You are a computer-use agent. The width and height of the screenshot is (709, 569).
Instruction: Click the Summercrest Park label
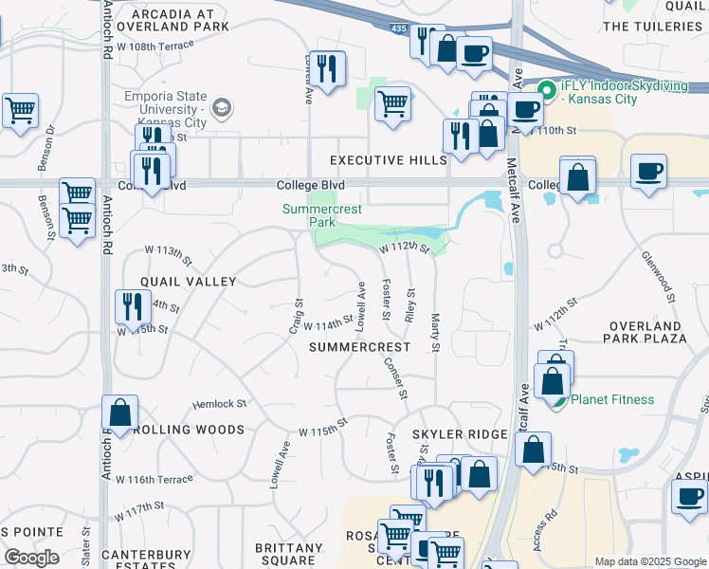click(x=309, y=215)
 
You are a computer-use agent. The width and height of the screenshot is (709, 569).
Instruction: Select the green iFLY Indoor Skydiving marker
click(x=546, y=92)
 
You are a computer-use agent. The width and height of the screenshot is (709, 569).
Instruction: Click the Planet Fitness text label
click(x=612, y=399)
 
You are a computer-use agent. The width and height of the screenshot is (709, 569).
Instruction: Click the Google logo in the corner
click(x=31, y=557)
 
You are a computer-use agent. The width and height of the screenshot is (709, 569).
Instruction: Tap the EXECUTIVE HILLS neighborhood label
click(x=388, y=160)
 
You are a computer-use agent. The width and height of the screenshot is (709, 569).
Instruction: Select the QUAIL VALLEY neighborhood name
click(x=188, y=282)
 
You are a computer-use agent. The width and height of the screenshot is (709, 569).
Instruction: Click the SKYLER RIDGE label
click(x=460, y=433)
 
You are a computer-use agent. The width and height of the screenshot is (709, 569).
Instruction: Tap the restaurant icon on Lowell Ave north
click(x=327, y=69)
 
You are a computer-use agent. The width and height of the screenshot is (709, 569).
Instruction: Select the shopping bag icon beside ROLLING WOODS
click(x=120, y=413)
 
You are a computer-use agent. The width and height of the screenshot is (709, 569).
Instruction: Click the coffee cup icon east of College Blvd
click(x=648, y=172)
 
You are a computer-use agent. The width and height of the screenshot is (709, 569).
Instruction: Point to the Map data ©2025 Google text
click(x=649, y=561)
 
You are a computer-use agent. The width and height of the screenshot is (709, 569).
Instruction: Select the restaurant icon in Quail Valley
click(x=131, y=306)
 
